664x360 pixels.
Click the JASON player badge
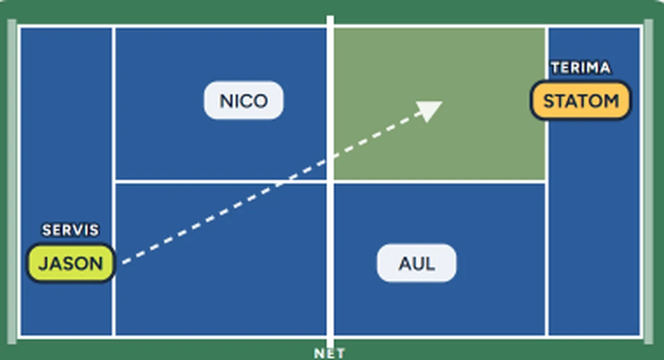coord(70,263)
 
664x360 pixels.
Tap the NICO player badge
coord(243,100)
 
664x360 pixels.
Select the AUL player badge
coord(416,263)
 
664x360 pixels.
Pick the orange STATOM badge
coord(581,100)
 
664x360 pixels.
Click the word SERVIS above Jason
coord(70,230)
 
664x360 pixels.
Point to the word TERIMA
coord(581,68)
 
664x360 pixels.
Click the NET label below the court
coord(330,353)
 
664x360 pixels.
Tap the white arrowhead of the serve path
coord(430,110)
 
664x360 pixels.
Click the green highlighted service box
coord(440,104)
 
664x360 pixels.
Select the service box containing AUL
coord(440,259)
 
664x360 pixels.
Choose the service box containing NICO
coord(221,104)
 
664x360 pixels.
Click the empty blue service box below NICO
coord(221,259)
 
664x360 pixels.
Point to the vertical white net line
coord(330,182)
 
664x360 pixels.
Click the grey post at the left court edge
coord(12,181)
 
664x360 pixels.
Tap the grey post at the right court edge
coord(649,181)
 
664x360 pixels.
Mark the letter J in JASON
coord(43,264)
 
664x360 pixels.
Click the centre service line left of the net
coord(221,182)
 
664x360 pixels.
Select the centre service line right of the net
coord(440,182)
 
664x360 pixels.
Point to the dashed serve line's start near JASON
coord(123,263)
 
